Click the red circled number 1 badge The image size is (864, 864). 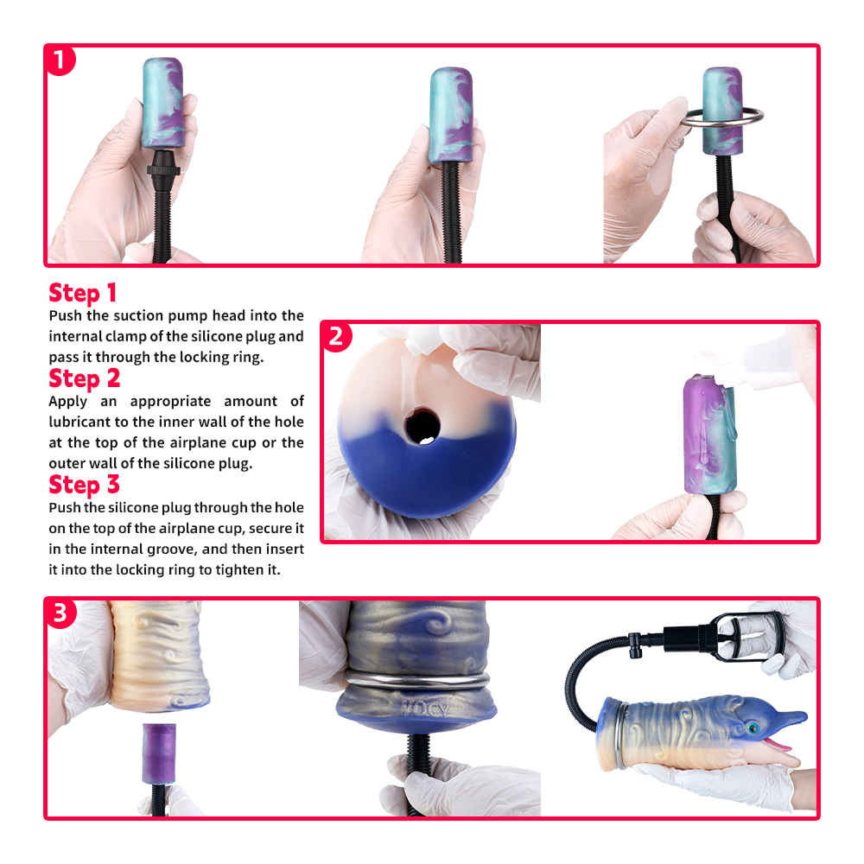pyautogui.click(x=60, y=60)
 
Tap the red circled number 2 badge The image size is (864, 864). pyautogui.click(x=337, y=337)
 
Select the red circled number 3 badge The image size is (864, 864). pyautogui.click(x=60, y=613)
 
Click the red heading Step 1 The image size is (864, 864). pyautogui.click(x=83, y=293)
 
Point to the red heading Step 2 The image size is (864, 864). pyautogui.click(x=85, y=378)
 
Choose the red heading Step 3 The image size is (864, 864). pyautogui.click(x=85, y=485)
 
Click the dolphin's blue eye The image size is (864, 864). pyautogui.click(x=752, y=728)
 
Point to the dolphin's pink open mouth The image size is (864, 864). pyautogui.click(x=776, y=744)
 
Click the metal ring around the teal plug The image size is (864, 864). pyautogui.click(x=722, y=117)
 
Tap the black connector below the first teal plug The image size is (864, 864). pyautogui.click(x=163, y=163)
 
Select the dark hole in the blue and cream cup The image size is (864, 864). pyautogui.click(x=422, y=426)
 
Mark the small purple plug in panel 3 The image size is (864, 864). pyautogui.click(x=159, y=753)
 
